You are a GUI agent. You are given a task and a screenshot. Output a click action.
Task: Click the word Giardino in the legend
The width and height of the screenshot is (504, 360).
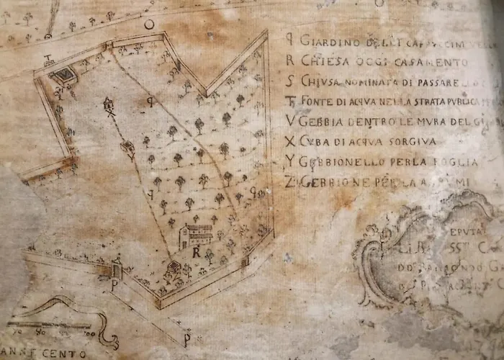[323, 40]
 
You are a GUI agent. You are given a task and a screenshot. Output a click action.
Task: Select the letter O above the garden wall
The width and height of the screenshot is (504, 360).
[149, 24]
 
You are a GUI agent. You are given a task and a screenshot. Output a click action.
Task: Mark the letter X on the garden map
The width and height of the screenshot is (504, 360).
[111, 113]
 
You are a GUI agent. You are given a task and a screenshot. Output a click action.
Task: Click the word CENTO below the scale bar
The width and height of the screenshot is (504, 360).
[66, 354]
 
